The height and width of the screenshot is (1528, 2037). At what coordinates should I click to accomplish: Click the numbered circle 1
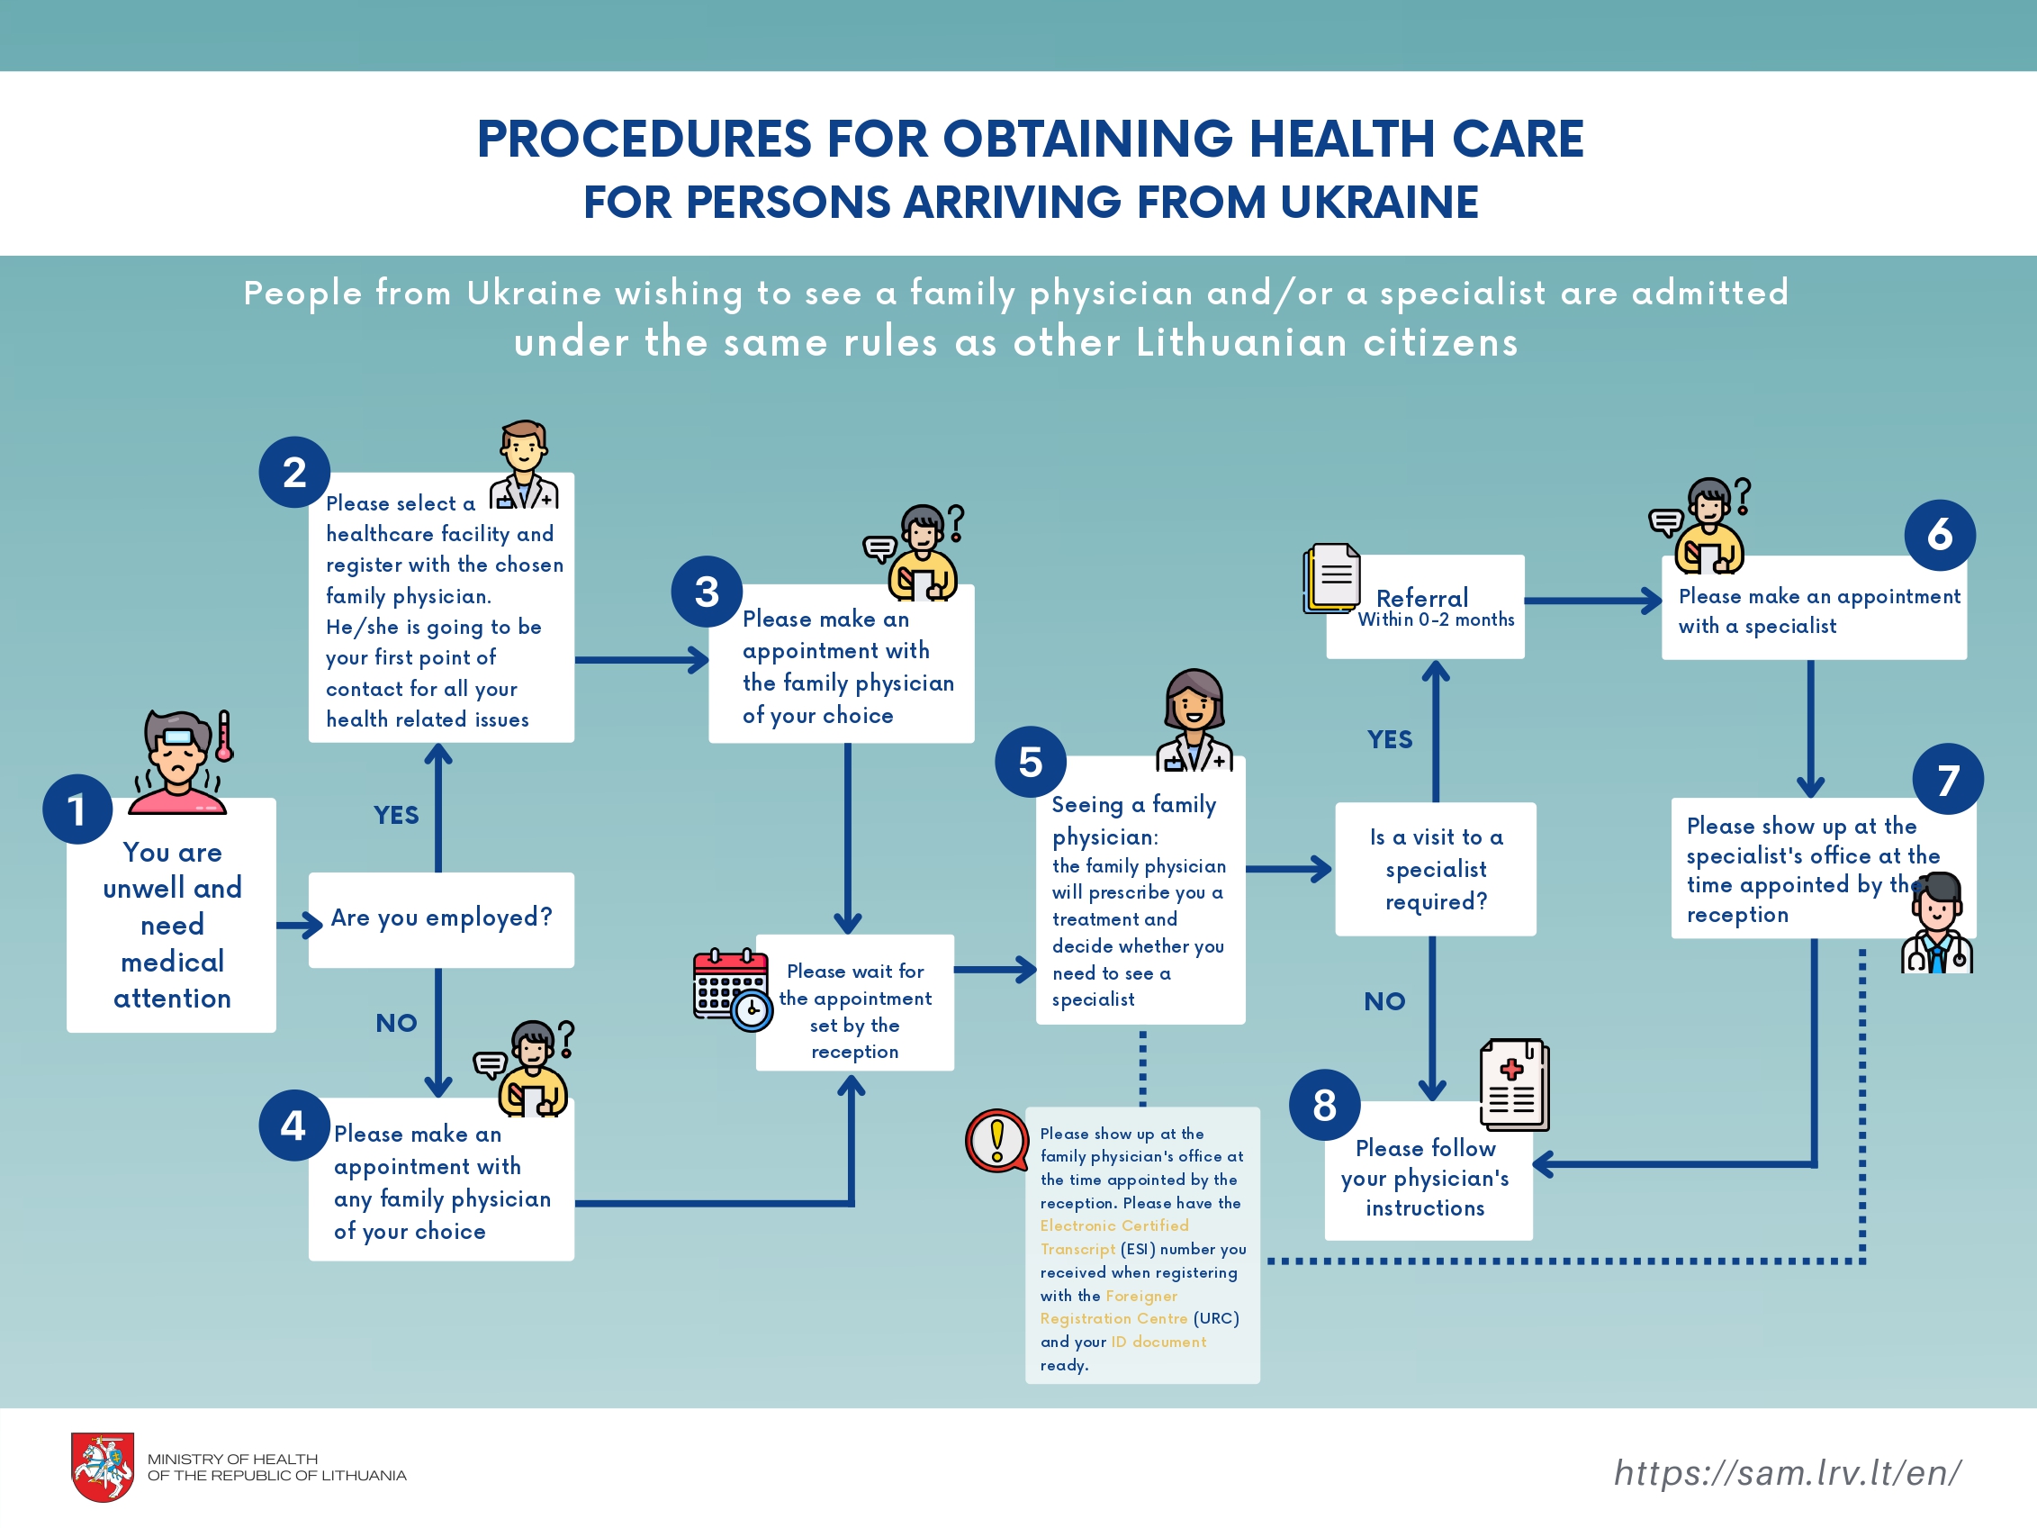(77, 809)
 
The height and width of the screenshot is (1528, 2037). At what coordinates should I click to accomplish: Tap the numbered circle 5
(1031, 762)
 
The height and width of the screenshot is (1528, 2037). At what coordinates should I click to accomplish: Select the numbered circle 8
(1324, 1104)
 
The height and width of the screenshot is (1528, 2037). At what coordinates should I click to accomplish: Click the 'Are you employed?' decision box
(441, 919)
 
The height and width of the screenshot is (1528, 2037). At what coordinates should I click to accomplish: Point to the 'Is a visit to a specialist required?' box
(1436, 869)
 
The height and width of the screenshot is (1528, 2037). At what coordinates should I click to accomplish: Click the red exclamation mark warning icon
(996, 1140)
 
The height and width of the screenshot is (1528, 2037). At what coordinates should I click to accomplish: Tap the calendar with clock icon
(733, 990)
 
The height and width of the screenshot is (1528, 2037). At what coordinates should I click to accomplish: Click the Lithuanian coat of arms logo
(104, 1466)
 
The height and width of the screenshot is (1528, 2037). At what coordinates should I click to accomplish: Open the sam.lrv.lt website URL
(1788, 1473)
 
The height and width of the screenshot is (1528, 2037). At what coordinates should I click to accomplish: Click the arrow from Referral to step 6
(1593, 601)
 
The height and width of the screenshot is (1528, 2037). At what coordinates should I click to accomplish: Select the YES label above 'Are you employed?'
(396, 815)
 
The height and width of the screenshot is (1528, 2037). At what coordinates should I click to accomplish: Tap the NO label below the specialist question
(1384, 1001)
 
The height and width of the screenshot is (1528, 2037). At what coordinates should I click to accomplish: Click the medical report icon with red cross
(1514, 1084)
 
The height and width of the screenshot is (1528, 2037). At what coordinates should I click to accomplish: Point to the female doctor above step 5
(1194, 719)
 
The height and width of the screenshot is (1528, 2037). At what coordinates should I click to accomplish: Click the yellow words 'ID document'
(1158, 1342)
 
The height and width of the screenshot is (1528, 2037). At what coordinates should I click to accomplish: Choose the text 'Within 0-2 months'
(1436, 619)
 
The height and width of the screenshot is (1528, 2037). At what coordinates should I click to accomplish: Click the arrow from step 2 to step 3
(642, 659)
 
